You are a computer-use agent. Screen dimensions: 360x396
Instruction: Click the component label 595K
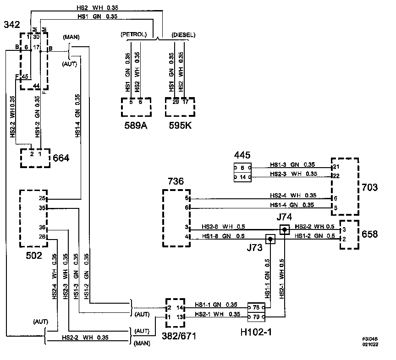pyautogui.click(x=180, y=126)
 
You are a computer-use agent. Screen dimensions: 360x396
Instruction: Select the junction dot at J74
pyautogui.click(x=285, y=229)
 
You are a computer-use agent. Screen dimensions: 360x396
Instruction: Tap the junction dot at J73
pyautogui.click(x=270, y=239)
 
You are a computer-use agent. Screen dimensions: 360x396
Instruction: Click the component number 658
pyautogui.click(x=369, y=234)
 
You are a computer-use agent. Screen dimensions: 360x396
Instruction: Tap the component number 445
pyautogui.click(x=242, y=155)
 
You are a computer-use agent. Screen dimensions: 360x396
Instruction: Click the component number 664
pyautogui.click(x=61, y=158)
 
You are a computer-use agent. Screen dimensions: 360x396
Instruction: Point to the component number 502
pyautogui.click(x=33, y=256)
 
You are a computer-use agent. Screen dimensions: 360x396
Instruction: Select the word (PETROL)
pyautogui.click(x=134, y=35)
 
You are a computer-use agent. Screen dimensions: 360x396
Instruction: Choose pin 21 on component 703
pyautogui.click(x=336, y=166)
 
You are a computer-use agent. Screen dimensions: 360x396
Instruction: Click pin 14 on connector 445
pyautogui.click(x=242, y=176)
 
